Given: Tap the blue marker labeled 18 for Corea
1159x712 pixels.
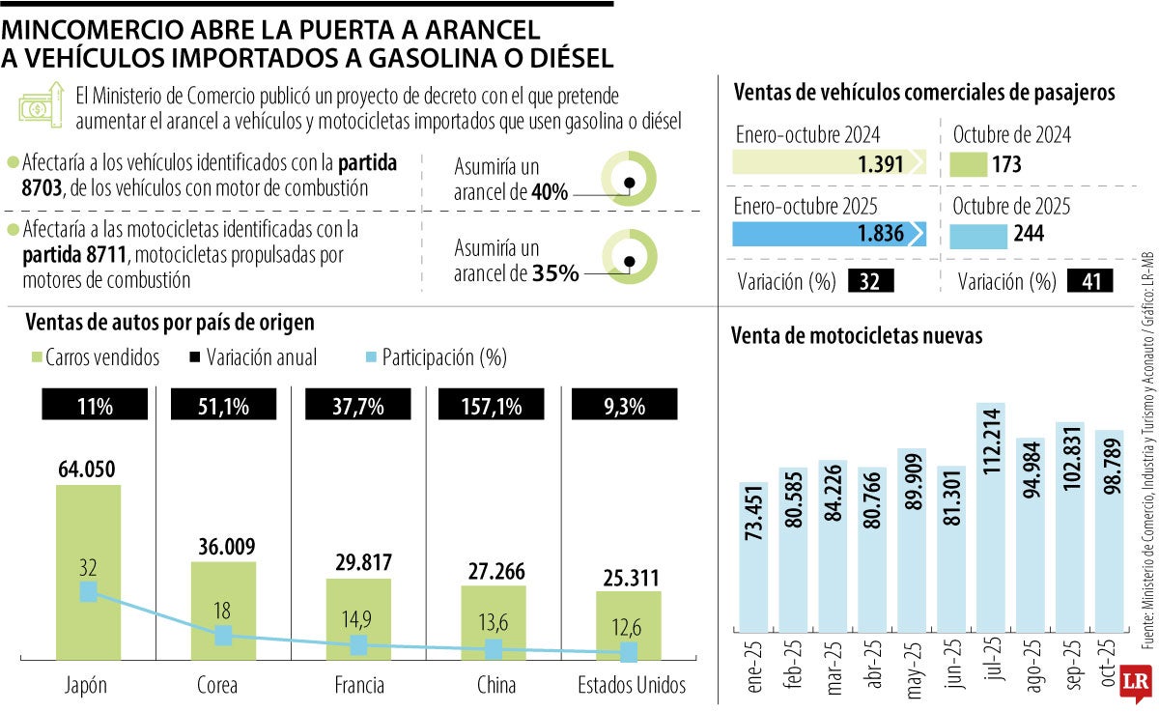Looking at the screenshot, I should [x=223, y=635].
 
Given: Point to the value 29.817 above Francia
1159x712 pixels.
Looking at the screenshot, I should [x=358, y=562].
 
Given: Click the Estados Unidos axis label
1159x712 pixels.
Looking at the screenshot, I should [x=632, y=685].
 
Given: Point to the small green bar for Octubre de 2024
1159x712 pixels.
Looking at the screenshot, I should [x=969, y=164].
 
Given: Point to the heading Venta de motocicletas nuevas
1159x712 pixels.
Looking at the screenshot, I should [x=857, y=336].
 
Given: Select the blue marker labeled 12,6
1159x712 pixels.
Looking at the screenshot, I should [x=629, y=653].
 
